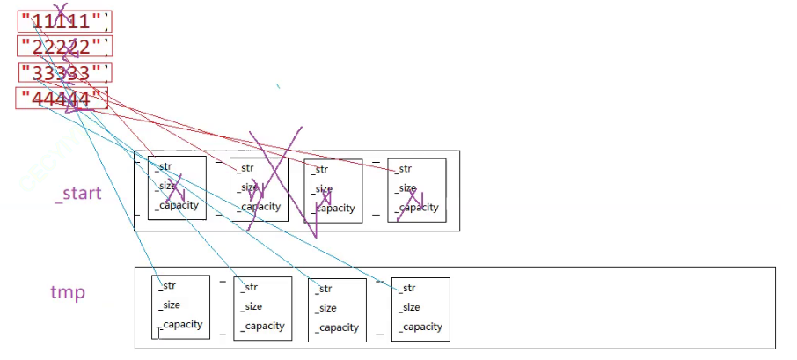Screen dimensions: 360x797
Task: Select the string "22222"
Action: pos(64,47)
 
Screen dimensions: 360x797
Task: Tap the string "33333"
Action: pos(64,72)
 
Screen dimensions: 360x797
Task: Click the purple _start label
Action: pos(78,193)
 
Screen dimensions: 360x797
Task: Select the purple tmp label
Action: pos(68,292)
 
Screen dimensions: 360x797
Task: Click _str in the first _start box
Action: pos(164,165)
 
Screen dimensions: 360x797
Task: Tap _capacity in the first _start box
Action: pos(178,205)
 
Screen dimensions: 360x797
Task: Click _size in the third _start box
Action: pos(323,188)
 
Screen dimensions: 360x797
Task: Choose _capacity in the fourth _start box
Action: pos(418,208)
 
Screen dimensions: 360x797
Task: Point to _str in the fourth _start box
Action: pos(405,168)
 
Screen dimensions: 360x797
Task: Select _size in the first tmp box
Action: pos(169,305)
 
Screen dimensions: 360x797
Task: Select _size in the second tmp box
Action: pos(252,306)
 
